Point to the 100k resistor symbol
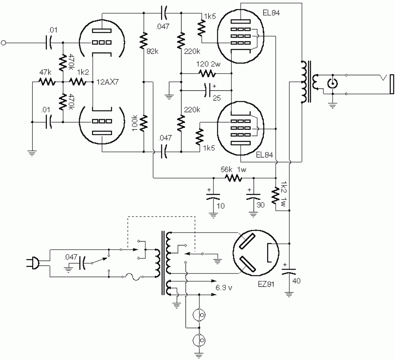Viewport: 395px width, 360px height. pyautogui.click(x=144, y=123)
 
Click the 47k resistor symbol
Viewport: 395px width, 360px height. pyautogui.click(x=47, y=82)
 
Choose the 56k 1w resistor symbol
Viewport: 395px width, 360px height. pyautogui.click(x=233, y=178)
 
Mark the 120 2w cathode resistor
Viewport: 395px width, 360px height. pyautogui.click(x=206, y=73)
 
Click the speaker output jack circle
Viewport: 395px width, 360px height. pyautogui.click(x=332, y=83)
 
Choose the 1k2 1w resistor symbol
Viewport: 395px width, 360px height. pyautogui.click(x=276, y=194)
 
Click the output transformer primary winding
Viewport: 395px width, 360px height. pyautogui.click(x=303, y=81)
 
